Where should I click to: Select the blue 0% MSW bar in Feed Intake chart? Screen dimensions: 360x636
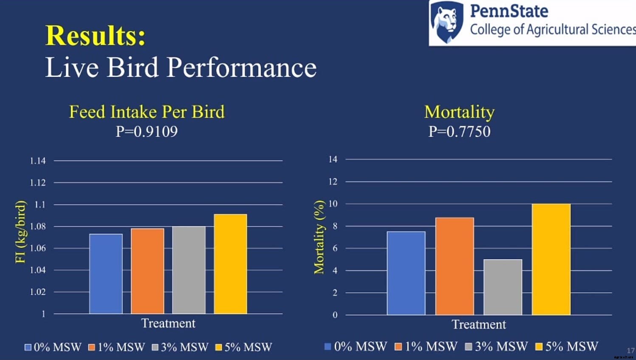coord(106,274)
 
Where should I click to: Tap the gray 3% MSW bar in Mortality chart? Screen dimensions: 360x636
coord(503,287)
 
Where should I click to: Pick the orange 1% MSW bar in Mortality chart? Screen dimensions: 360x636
coord(455,266)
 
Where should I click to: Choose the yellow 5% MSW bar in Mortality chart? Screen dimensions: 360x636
coord(551,259)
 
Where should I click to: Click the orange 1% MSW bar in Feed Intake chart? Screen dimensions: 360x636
coord(147,271)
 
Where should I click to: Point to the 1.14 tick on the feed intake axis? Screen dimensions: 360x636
coord(38,161)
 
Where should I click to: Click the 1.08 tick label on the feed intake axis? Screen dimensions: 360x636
coord(38,226)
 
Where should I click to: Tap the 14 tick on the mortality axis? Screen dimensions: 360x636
coord(333,159)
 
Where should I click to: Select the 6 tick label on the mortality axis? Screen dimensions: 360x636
coord(335,248)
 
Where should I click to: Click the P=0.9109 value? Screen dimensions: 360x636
coord(147,131)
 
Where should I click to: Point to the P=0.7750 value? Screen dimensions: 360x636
coord(459,131)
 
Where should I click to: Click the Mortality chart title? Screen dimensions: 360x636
coord(459,112)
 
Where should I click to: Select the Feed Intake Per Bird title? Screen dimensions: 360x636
coord(147,112)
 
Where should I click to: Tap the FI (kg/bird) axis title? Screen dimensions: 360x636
coord(20,232)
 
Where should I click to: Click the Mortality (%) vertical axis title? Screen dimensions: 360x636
coord(319,237)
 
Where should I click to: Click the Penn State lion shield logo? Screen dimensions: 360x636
coord(447,22)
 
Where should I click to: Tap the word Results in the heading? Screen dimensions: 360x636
coord(95,35)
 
